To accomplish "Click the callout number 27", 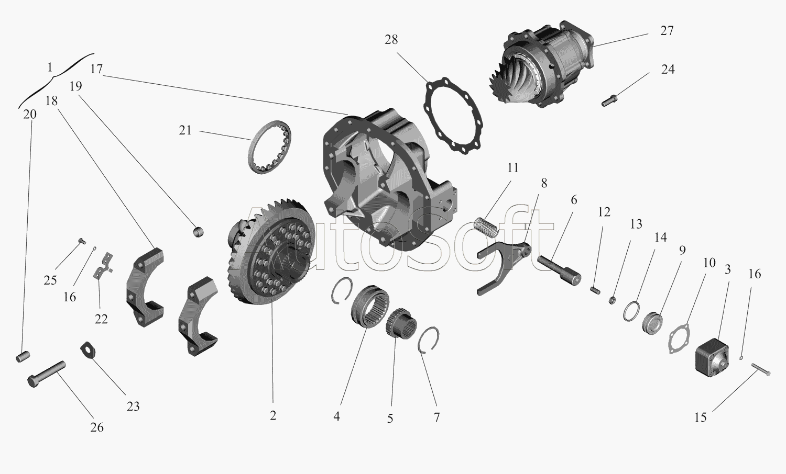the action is [x=667, y=31].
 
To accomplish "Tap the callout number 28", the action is [x=391, y=40].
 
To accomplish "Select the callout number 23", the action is [x=133, y=406].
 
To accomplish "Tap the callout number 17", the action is [x=96, y=70].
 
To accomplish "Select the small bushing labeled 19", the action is [x=199, y=231].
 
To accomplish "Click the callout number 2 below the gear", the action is [x=273, y=415].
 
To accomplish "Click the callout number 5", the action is [x=390, y=419].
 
